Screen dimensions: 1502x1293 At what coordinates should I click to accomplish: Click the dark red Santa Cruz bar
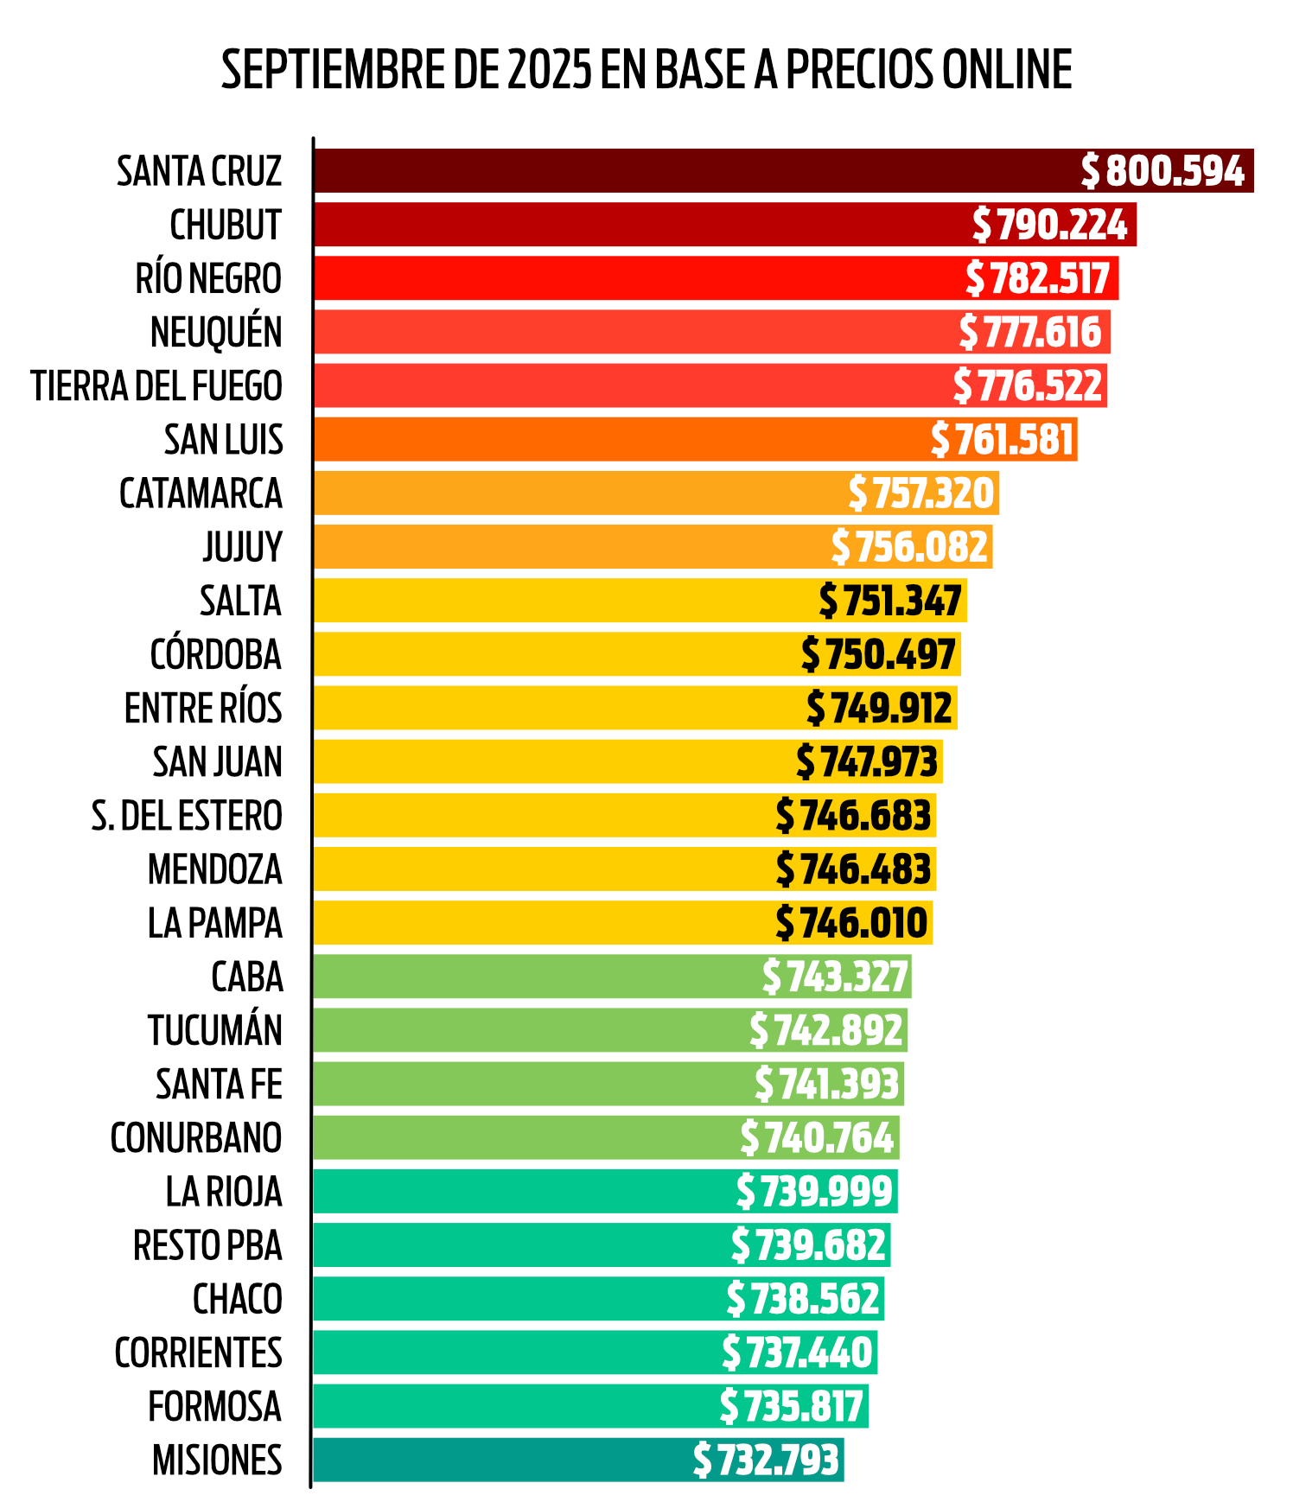click(691, 171)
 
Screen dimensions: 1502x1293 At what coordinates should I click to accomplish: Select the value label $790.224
click(1050, 225)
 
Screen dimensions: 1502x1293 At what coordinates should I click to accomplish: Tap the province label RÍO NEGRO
click(208, 279)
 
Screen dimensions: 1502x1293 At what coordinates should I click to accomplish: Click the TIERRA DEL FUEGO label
click(156, 386)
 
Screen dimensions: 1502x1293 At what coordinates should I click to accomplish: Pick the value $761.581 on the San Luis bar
click(1003, 440)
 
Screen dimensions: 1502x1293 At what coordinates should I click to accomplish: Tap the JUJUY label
click(242, 547)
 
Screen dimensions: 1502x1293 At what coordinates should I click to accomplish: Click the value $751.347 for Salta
click(891, 601)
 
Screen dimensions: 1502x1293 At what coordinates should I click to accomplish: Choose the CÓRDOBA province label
click(216, 655)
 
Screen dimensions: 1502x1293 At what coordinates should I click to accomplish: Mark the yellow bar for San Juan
click(553, 762)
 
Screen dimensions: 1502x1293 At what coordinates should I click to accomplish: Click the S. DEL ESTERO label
click(187, 816)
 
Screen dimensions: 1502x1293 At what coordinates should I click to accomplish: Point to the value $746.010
click(852, 923)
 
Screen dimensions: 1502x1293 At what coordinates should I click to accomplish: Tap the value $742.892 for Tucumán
click(826, 1030)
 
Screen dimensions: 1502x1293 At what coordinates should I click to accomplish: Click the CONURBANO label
click(196, 1138)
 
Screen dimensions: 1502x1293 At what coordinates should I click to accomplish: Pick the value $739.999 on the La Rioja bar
click(814, 1192)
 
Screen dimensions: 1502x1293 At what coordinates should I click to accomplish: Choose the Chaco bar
click(519, 1299)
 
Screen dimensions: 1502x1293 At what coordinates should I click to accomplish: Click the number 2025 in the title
click(549, 70)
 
